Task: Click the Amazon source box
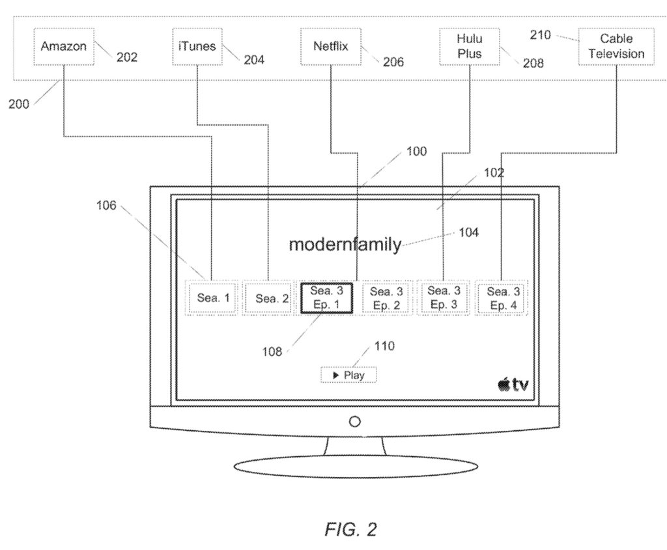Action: pos(63,47)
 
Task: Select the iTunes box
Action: pos(197,47)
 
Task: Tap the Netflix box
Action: pos(331,47)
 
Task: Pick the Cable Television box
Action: pos(616,47)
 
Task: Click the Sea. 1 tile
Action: pos(213,299)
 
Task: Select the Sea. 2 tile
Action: pos(271,299)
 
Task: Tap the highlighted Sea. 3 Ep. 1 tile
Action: pos(326,299)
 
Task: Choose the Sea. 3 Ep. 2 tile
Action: pos(387,299)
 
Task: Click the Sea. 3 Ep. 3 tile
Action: pos(444,298)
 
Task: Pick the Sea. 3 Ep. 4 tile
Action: pos(501,299)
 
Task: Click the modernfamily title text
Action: pos(345,245)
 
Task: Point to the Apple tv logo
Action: pos(513,385)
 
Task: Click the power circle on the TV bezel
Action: pos(355,422)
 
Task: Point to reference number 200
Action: pos(19,105)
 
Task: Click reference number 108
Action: pos(272,351)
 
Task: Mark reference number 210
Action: pos(540,35)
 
